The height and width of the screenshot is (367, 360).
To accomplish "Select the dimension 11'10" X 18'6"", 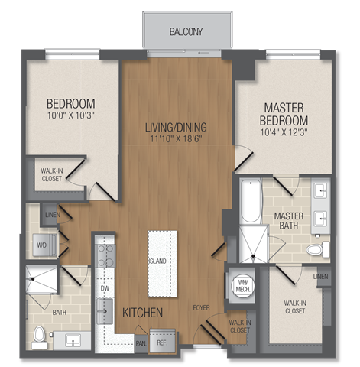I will tap(177, 139).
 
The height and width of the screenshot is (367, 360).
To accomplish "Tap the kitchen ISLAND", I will tap(161, 260).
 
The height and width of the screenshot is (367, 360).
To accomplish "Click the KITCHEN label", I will tap(142, 312).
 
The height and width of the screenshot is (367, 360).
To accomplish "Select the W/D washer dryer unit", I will tap(42, 245).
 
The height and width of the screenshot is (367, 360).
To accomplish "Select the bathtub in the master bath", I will tap(251, 201).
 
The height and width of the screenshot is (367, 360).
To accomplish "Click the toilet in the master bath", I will tap(316, 249).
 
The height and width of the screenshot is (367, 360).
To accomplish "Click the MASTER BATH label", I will tap(289, 221).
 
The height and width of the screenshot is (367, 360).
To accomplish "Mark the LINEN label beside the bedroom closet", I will tap(50, 216).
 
